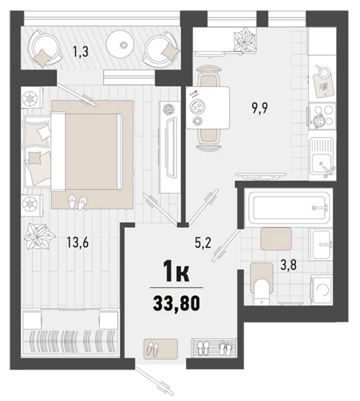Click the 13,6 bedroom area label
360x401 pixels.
pyautogui.click(x=78, y=242)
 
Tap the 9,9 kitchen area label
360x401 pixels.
pyautogui.click(x=259, y=108)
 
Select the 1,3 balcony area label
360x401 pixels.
pyautogui.click(x=81, y=52)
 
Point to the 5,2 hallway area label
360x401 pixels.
pyautogui.click(x=203, y=243)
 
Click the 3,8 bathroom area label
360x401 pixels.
pyautogui.click(x=289, y=265)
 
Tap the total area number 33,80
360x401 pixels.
pyautogui.click(x=177, y=303)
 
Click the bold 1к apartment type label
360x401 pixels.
pyautogui.click(x=177, y=274)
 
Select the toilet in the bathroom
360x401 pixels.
pyautogui.click(x=262, y=284)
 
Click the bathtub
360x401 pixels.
pyautogui.click(x=289, y=208)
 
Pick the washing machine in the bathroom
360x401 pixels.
pyautogui.click(x=321, y=290)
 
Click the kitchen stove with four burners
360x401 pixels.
pyautogui.click(x=322, y=117)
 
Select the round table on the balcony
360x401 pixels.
pyautogui.click(x=120, y=44)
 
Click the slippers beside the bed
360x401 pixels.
pyautogui.click(x=77, y=202)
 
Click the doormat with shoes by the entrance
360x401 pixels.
pyautogui.click(x=161, y=348)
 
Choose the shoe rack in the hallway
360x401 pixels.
pyautogui.click(x=214, y=347)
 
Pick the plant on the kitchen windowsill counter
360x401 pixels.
pyautogui.click(x=244, y=40)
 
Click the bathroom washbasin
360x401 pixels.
pyautogui.click(x=321, y=245)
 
